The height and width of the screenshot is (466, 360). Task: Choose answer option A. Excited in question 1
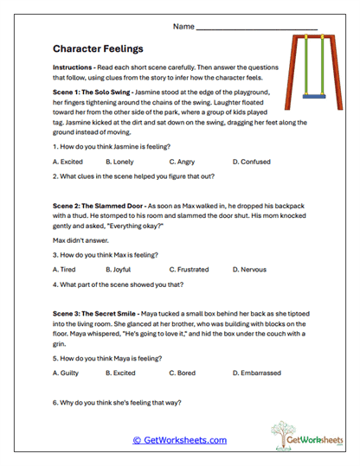[x=68, y=162]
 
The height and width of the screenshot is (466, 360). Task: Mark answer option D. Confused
[x=251, y=162]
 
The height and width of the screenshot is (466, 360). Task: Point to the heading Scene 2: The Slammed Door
[x=101, y=203]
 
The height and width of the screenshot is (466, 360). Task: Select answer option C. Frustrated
[x=190, y=270]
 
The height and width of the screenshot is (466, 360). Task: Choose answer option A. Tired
[x=65, y=270]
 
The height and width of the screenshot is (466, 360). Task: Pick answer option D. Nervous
[x=251, y=270]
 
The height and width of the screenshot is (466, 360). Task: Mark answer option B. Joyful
[x=121, y=270]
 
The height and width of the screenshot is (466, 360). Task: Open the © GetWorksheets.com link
[x=180, y=440]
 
